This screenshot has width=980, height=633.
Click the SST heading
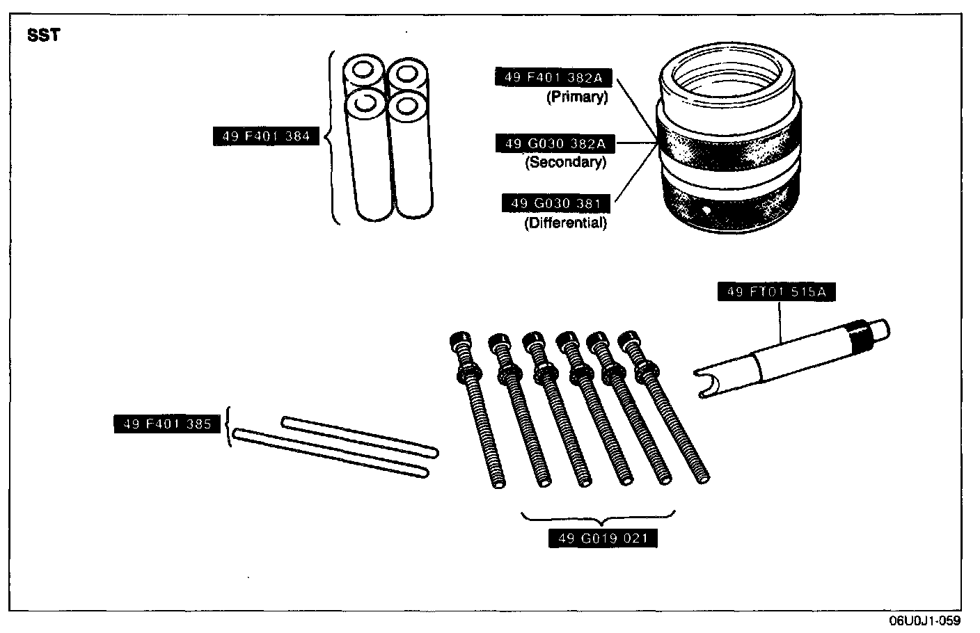[x=43, y=35]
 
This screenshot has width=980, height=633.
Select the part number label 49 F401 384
[x=266, y=136]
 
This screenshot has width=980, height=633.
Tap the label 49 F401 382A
[x=553, y=78]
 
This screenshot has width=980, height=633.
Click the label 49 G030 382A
[x=555, y=144]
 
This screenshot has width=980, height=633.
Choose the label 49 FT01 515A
[x=776, y=292]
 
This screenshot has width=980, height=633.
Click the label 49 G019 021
[x=603, y=538]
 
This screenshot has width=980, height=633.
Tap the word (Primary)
[x=576, y=97]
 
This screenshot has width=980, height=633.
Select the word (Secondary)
[x=565, y=163]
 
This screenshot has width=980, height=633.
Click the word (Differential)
[x=565, y=223]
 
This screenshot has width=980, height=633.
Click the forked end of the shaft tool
[x=706, y=384]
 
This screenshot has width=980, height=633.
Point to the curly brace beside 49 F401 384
[x=331, y=137]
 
